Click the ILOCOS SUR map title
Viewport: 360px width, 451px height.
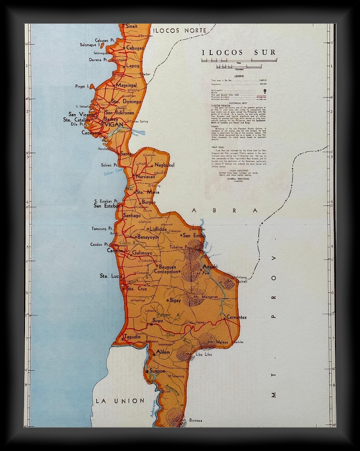tap(239, 53)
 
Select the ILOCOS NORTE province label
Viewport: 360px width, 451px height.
tap(180, 30)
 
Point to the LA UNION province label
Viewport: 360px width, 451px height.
tap(120, 401)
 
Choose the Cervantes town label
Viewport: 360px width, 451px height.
tap(237, 317)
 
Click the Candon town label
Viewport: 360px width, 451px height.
tap(115, 250)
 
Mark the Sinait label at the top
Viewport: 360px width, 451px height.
tap(131, 26)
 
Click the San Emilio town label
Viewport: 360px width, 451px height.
tap(194, 235)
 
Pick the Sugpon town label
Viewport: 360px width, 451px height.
tap(157, 371)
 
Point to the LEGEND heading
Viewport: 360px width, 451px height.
tap(239, 76)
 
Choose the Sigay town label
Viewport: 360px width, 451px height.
tap(175, 300)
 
